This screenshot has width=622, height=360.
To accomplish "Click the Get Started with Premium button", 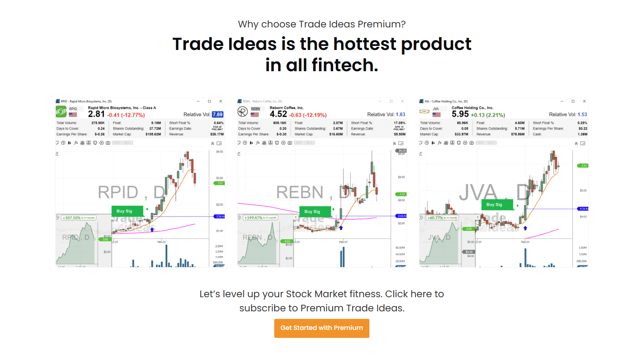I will (x=322, y=328).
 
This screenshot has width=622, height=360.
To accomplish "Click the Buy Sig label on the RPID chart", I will (x=124, y=211).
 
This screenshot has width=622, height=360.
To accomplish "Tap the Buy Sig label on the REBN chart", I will (x=312, y=212).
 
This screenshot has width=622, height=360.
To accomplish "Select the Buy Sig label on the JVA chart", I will (x=494, y=205).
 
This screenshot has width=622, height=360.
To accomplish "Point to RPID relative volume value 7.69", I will (x=218, y=115).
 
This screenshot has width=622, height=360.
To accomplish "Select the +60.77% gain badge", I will (x=442, y=218).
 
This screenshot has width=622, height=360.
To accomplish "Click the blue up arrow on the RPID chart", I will (x=152, y=229).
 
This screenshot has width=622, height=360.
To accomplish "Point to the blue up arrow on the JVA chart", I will (x=525, y=228).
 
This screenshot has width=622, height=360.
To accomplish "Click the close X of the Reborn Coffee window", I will (x=402, y=101).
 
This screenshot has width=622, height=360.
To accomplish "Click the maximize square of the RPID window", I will (x=209, y=101).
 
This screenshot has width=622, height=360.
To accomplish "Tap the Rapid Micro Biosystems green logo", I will (x=61, y=111).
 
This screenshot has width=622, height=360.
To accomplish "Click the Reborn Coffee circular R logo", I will (x=243, y=111).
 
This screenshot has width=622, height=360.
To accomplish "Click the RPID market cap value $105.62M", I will (x=152, y=134).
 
